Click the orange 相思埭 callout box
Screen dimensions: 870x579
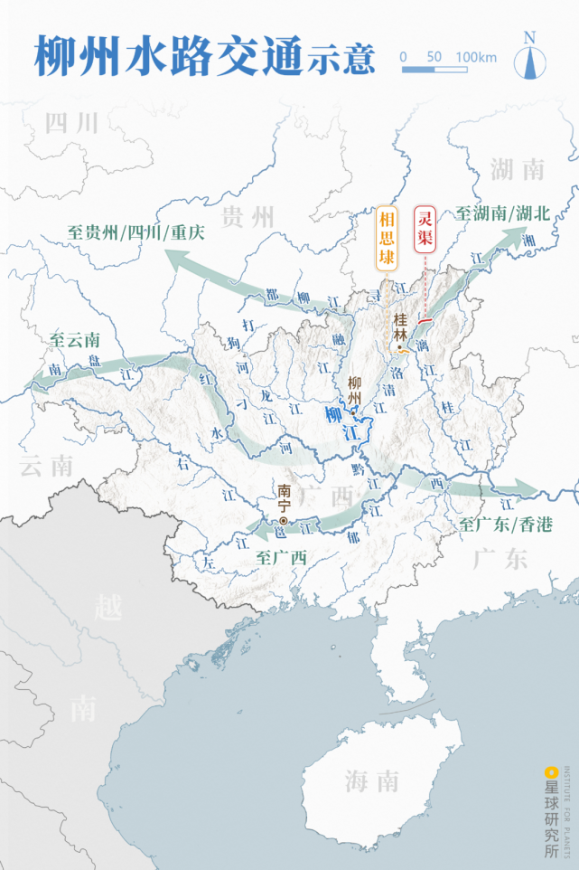[387, 238]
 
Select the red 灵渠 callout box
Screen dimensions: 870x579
[424, 229]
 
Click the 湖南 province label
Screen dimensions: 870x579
[518, 168]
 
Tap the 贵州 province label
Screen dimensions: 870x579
[247, 216]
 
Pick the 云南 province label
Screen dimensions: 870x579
[46, 466]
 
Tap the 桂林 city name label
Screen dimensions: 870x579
[401, 326]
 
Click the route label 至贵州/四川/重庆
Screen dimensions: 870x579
[135, 232]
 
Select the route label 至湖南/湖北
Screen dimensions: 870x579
[502, 213]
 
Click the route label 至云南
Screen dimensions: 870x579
[75, 341]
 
